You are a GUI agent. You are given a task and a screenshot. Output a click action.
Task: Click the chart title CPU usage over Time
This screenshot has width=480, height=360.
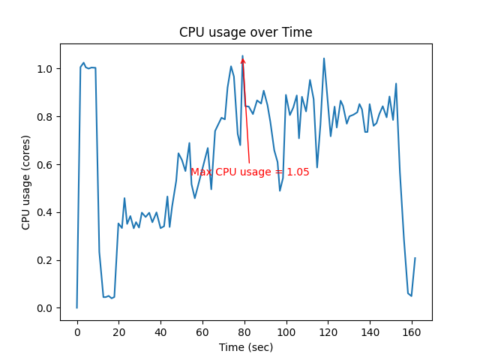[x=245, y=32]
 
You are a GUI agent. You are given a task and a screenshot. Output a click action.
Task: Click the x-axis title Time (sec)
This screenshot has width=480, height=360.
[x=245, y=347]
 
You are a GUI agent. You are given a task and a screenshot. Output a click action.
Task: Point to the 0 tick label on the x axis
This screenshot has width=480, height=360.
[x=76, y=331]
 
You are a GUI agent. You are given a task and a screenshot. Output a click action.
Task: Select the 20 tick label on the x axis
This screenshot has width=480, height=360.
[x=118, y=331]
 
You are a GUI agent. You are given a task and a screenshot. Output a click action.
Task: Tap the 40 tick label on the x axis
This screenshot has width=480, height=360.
[x=160, y=331]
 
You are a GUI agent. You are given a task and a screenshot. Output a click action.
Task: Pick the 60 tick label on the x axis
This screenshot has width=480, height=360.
[x=202, y=331]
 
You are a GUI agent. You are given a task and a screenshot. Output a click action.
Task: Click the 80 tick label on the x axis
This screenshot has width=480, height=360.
[x=244, y=331]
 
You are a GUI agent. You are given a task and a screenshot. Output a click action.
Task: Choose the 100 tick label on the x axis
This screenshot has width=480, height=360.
[x=286, y=331]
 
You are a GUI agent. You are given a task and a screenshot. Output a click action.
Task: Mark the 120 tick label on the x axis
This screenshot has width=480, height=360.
[x=328, y=331]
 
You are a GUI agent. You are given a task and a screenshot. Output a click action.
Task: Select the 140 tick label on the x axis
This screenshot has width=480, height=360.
[x=370, y=331]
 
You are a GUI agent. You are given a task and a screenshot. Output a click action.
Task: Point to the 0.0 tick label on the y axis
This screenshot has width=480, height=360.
[x=45, y=308]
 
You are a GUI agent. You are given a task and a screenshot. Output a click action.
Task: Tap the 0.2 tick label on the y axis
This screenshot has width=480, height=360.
[x=45, y=260]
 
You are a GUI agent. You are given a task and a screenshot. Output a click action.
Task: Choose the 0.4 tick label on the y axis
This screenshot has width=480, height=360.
[x=45, y=212]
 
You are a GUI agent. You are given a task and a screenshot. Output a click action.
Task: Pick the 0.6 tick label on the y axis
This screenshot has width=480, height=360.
[x=45, y=164]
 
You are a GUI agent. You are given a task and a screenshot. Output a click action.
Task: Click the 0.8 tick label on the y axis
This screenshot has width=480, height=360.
[x=45, y=117]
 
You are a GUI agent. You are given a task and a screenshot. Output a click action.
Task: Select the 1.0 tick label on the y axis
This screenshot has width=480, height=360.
[x=45, y=69]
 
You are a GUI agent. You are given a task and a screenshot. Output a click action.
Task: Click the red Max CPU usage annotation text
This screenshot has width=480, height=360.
[x=250, y=172]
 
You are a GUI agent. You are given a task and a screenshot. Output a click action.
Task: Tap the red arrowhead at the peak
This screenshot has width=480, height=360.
[x=243, y=60]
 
